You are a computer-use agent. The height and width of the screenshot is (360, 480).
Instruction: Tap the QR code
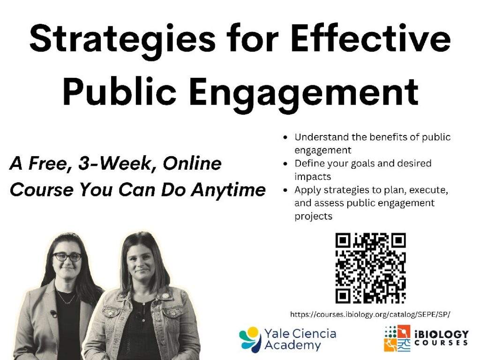tap(370, 268)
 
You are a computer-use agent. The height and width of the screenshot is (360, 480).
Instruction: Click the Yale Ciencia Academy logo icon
tap(250, 339)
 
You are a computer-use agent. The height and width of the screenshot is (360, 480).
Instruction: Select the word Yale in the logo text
tap(276, 334)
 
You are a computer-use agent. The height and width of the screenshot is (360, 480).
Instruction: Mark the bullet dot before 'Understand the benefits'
tap(286, 138)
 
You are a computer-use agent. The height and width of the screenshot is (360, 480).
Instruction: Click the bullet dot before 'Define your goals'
tap(286, 164)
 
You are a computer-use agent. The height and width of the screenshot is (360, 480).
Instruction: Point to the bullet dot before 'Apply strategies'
tap(286, 190)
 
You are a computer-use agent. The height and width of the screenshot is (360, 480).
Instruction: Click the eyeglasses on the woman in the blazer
tap(67, 257)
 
